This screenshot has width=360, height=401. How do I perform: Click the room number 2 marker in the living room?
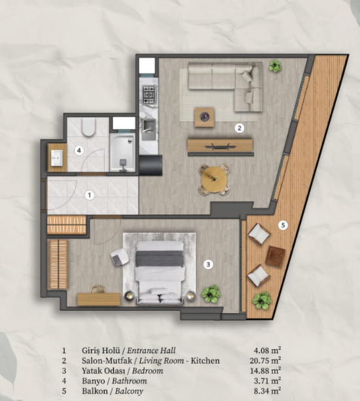(x=240, y=127)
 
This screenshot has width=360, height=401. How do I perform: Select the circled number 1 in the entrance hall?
(x=90, y=195)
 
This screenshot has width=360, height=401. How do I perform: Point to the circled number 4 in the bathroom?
(x=79, y=150)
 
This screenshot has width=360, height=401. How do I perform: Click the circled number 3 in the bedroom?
(x=207, y=265)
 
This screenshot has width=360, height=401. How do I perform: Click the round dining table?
(x=214, y=177)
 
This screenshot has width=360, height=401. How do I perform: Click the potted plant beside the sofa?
(x=274, y=66)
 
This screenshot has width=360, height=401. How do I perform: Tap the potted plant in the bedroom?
(x=211, y=294)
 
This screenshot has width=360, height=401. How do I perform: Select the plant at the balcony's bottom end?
(x=262, y=301)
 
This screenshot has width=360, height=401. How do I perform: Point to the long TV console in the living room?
(x=220, y=145)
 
